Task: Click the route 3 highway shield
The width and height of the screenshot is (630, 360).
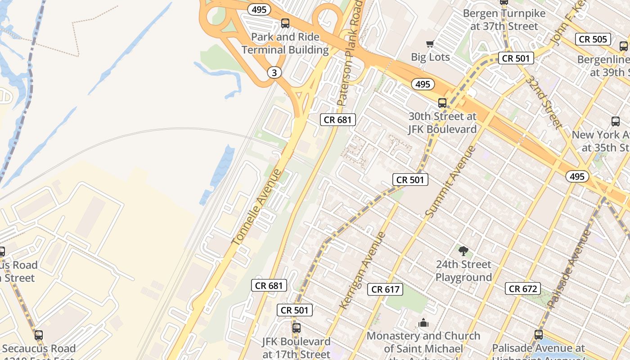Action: point(274,72)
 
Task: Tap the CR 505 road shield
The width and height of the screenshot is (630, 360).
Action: point(593,39)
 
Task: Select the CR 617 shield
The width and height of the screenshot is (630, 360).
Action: point(386,289)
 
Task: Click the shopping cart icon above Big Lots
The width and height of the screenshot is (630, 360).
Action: point(430,44)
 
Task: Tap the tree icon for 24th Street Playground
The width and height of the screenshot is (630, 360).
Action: point(463,251)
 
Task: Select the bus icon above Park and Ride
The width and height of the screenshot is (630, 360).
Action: point(285,23)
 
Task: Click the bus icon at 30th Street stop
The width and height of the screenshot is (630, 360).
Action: point(442,103)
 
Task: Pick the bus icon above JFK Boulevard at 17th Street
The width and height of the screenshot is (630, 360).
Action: point(296,328)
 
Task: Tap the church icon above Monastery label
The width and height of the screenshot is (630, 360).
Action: point(423,323)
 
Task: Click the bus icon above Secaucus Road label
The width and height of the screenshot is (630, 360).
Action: point(39,335)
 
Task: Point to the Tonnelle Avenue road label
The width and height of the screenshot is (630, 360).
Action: point(256,207)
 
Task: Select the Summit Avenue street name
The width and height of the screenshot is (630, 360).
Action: point(450,182)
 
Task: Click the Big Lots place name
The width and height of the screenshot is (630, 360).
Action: point(430,57)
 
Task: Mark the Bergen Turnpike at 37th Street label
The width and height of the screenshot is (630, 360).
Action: point(504,20)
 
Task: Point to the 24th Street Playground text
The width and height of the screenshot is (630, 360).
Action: point(463,270)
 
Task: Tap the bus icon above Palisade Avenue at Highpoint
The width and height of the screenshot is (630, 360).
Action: point(538,335)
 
